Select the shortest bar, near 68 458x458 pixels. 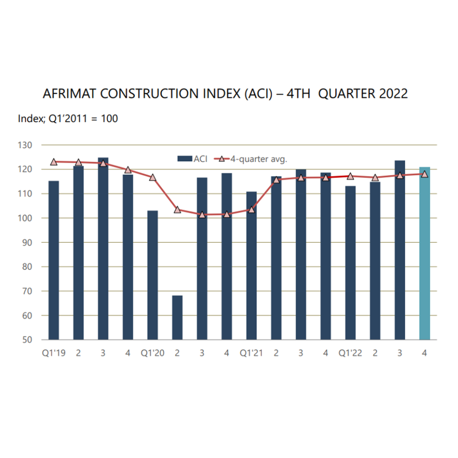click(177, 318)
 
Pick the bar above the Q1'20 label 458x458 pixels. click(153, 275)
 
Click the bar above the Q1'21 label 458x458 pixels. click(251, 266)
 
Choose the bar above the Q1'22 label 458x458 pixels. click(350, 264)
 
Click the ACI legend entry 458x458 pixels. click(192, 158)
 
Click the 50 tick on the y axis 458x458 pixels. click(28, 339)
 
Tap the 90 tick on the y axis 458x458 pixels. click(28, 242)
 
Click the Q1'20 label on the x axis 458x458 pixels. click(153, 353)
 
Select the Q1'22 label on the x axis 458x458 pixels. click(350, 353)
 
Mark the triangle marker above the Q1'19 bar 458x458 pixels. click(54, 162)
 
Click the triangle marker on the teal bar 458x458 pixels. click(424, 174)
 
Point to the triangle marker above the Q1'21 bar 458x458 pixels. click(251, 209)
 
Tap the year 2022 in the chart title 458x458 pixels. click(391, 94)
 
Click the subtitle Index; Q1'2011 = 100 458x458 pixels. click(68, 119)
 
